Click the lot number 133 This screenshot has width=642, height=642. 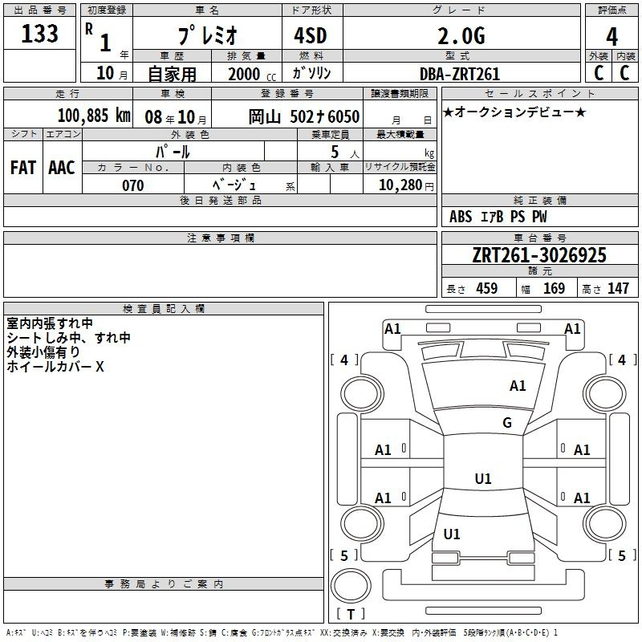pos(39,33)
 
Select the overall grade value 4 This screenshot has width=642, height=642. pos(612,36)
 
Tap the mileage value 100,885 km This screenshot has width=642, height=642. pos(94,116)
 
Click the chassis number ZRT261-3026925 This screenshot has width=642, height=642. pos(539,254)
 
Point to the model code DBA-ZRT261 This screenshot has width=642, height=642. pos(460,74)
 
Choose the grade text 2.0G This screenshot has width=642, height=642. pos(461,36)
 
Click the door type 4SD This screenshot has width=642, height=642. pos(311,35)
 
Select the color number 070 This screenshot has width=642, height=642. pos(133,185)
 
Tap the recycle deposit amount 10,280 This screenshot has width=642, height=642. pos(400,185)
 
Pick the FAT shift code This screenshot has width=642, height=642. pos(23,168)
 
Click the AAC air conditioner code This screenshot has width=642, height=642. pos(62,168)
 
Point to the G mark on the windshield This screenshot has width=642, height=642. pos(507,422)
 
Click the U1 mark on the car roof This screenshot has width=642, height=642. pos(483,478)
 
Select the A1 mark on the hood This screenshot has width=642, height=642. pos(518,385)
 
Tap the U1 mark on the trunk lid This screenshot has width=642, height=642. pos(452,534)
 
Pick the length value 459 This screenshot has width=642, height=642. pos(487,288)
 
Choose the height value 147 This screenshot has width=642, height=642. pos(618,288)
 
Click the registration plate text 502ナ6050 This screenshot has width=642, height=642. pos(325,116)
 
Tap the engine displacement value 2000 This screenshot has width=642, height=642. pos(244,74)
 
